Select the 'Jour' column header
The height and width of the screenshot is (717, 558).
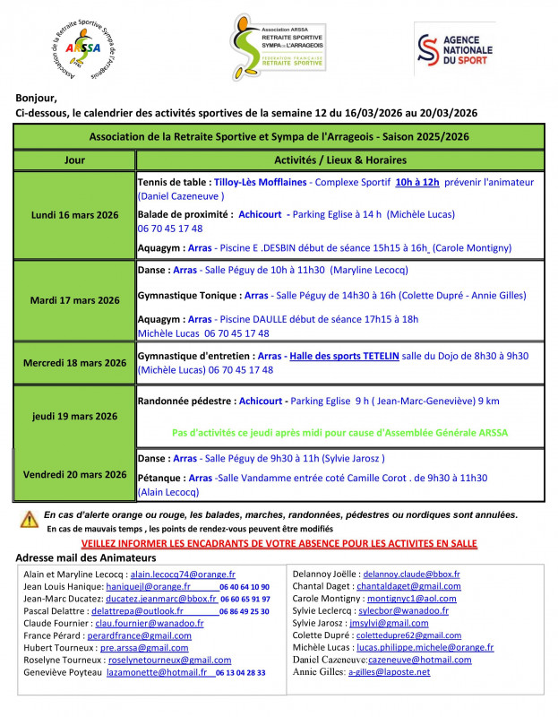[75, 160]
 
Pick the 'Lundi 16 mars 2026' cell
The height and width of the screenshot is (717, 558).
[75, 215]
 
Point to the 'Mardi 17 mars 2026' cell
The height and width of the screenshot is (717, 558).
[75, 300]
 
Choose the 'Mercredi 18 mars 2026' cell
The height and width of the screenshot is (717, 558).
[75, 363]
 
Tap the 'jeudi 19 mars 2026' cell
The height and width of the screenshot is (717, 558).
[75, 416]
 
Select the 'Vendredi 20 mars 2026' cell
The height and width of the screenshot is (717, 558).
[75, 474]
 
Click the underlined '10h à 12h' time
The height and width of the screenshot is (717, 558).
[417, 182]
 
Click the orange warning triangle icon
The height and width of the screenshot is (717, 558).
[30, 518]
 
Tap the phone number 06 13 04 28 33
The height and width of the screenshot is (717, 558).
[242, 672]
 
